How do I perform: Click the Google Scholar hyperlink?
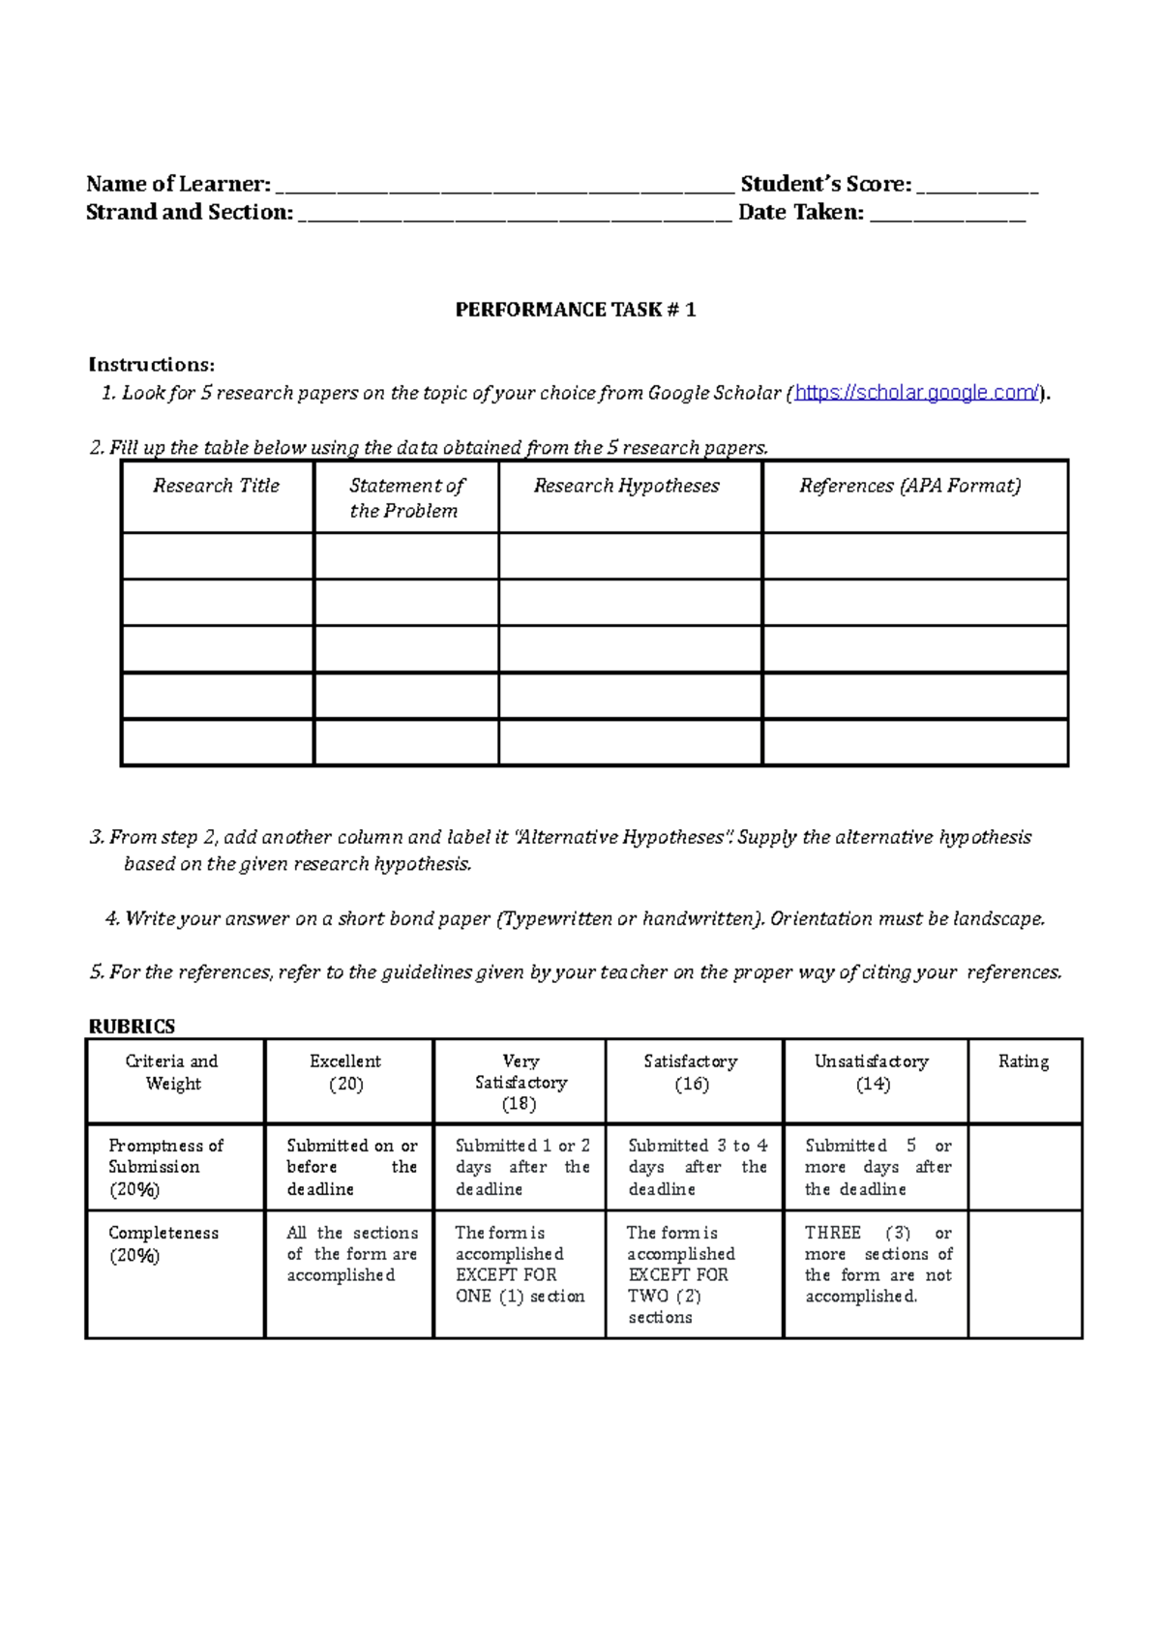[x=916, y=393]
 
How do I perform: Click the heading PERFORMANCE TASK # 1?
[x=576, y=310]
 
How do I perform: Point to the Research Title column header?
[x=217, y=487]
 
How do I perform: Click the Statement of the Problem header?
[x=405, y=497]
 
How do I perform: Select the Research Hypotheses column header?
[x=627, y=487]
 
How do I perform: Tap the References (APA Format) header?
[x=910, y=487]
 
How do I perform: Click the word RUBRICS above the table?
[x=132, y=1026]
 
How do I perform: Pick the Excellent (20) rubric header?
[x=345, y=1072]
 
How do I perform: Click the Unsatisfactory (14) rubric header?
[x=872, y=1072]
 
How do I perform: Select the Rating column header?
[x=1024, y=1061]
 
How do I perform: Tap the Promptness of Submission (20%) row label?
[x=164, y=1167]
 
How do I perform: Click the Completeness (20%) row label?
[x=163, y=1244]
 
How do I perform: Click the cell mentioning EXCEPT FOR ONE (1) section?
[x=520, y=1265]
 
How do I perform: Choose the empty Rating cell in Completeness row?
[x=1025, y=1274]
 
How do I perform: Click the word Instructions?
[x=151, y=365]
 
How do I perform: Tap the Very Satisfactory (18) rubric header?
[x=521, y=1082]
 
